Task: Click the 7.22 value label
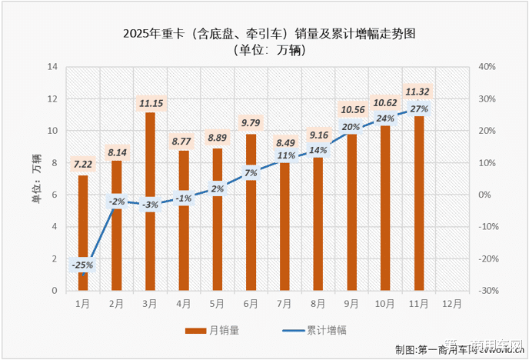point(82,164)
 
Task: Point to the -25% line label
point(82,265)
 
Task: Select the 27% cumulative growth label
point(419,109)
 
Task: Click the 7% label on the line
point(251,173)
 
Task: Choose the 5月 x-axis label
point(217,303)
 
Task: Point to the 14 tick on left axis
point(53,67)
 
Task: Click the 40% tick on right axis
point(487,67)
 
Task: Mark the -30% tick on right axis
point(489,291)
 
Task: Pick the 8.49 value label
point(284,143)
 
